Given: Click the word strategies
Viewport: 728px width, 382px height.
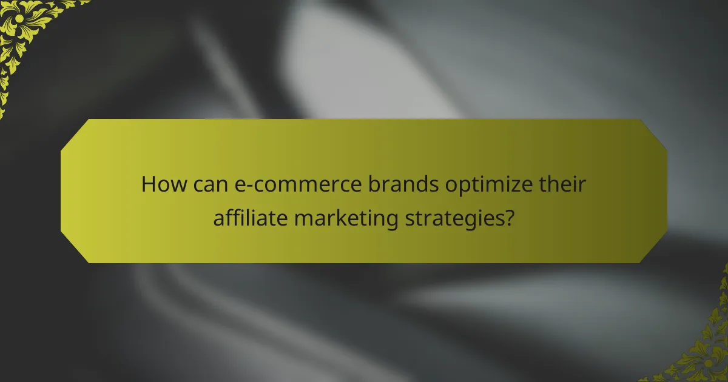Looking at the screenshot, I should pos(460,218).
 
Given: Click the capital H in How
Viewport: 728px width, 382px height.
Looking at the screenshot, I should pos(148,184).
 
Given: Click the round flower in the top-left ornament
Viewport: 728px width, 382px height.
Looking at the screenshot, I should pos(18,18).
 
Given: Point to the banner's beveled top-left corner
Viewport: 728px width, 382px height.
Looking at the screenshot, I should pos(73,132).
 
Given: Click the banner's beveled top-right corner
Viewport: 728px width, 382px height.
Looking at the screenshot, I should pos(654,132).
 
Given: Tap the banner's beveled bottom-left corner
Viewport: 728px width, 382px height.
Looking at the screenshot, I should pos(73,250).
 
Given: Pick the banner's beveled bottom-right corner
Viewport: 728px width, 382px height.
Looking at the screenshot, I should pos(654,250).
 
